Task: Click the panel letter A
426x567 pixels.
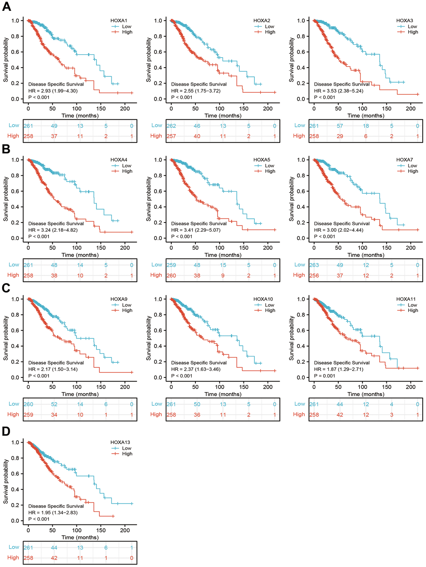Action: [6, 7]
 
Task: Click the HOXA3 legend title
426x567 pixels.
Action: [404, 20]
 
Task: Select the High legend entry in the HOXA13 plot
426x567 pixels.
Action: [127, 454]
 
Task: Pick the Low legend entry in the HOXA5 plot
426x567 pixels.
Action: [269, 166]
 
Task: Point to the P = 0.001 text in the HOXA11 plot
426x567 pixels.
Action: [325, 376]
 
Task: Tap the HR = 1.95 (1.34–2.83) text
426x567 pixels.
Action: [53, 512]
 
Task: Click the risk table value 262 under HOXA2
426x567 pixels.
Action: [171, 126]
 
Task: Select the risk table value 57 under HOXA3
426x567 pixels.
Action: [340, 126]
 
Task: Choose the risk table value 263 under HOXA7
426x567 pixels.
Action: [314, 265]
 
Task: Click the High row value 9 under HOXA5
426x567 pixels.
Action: [223, 276]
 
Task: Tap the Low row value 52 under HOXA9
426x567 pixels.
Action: [54, 404]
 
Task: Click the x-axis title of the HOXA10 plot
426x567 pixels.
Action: [223, 394]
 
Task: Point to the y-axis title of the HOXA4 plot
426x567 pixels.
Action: [6, 199]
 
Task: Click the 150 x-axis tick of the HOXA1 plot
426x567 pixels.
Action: [101, 109]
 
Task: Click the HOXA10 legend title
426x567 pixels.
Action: [263, 299]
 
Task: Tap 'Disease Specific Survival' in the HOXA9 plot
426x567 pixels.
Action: [56, 362]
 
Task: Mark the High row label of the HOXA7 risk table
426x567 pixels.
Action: [299, 275]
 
